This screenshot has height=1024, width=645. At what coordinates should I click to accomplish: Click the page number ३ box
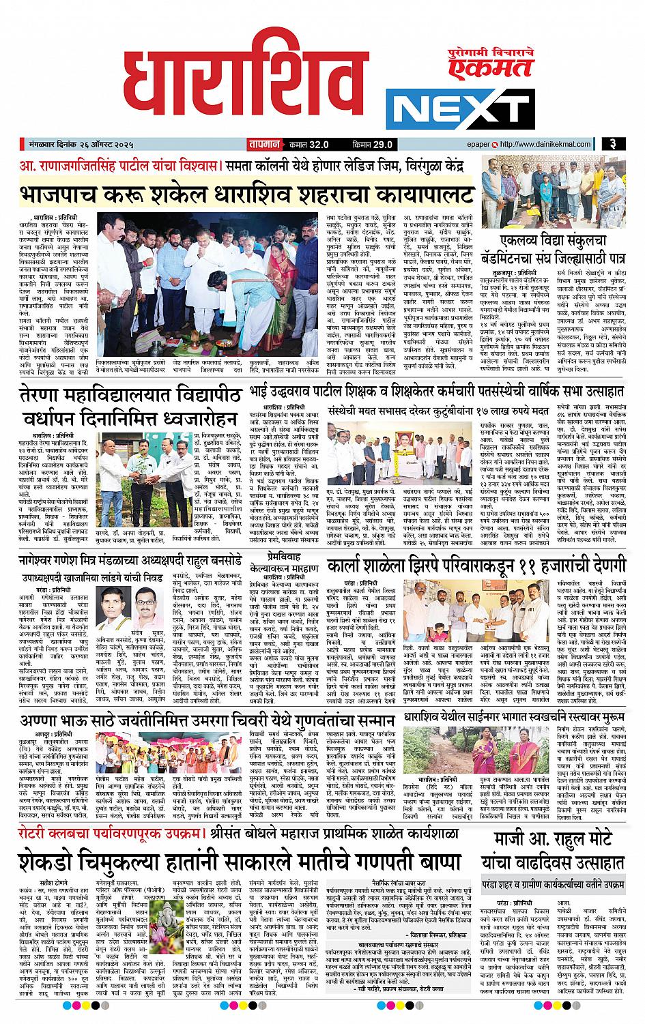615,144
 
